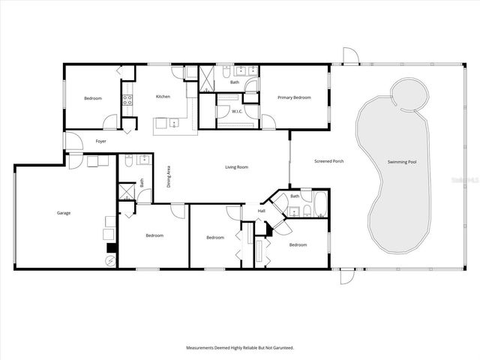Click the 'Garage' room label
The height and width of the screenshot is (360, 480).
[64, 213]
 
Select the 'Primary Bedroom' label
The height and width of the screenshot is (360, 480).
[294, 97]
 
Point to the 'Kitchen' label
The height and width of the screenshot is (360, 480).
[163, 97]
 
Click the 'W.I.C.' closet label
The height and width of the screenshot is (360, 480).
[236, 111]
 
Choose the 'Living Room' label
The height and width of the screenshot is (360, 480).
[236, 167]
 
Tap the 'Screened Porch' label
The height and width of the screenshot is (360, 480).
[328, 160]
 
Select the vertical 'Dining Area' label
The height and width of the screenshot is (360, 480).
[169, 180]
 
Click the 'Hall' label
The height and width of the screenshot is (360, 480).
[262, 211]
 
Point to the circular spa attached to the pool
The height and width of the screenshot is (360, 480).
[409, 95]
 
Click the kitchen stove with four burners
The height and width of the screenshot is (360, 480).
[127, 100]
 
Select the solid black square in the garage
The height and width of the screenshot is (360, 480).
[111, 247]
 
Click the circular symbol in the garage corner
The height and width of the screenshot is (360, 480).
[111, 261]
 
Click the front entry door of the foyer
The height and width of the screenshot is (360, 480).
[73, 142]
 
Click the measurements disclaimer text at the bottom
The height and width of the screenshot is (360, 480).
[239, 348]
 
